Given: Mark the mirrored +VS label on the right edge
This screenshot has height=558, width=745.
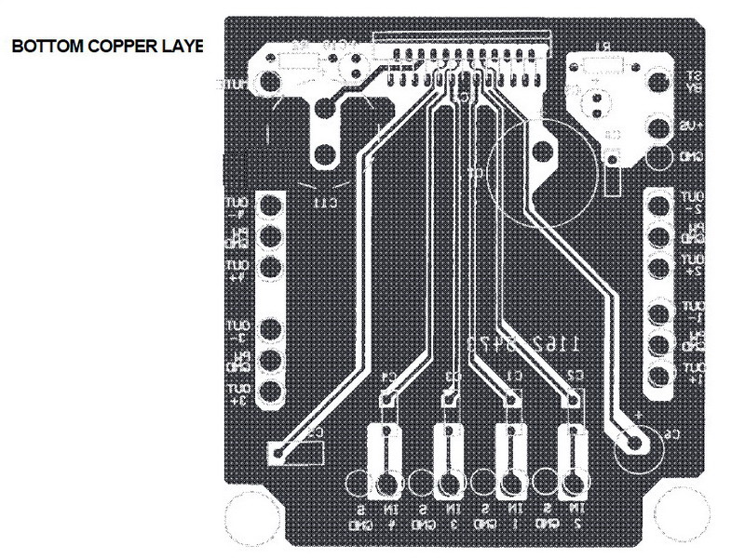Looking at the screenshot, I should click(x=693, y=126).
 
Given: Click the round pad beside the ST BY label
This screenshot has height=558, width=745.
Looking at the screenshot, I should click(x=659, y=81).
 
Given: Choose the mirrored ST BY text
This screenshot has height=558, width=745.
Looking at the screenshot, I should click(x=694, y=81).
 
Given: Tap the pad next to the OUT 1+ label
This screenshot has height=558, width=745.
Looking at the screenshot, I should click(x=658, y=376).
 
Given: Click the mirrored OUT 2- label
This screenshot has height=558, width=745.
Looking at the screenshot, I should click(x=693, y=204).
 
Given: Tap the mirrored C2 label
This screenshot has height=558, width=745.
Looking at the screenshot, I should click(x=576, y=376).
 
